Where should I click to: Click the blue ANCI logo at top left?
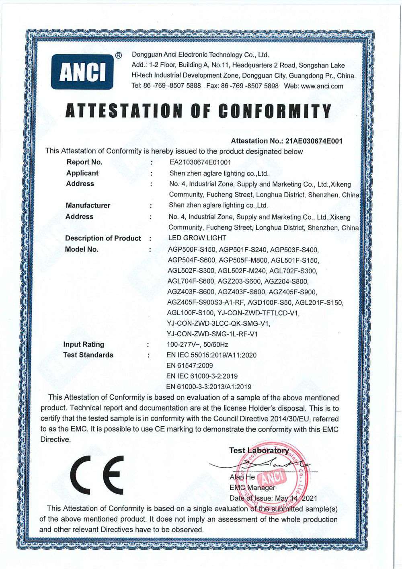[x=82, y=72]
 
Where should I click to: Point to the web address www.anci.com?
[x=322, y=86]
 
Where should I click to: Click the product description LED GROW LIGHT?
[x=197, y=238]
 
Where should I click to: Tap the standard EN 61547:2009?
[x=190, y=366]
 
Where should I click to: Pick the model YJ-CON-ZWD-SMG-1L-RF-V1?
[x=212, y=334]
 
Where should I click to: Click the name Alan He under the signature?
[x=242, y=477]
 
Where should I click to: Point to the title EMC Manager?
[x=252, y=488]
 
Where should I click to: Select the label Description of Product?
[x=103, y=238]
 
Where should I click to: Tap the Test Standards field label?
[x=88, y=355]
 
